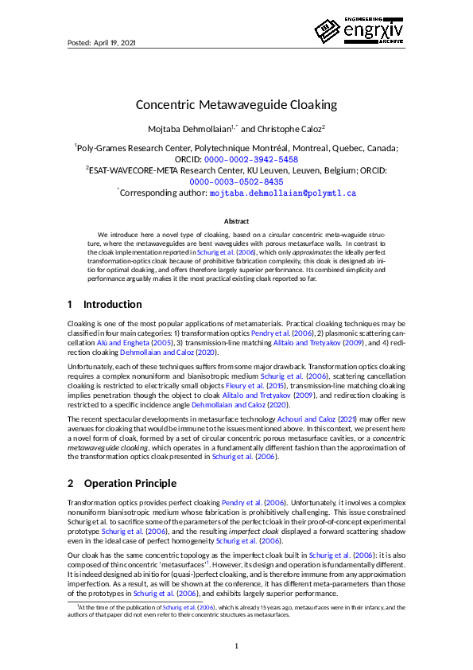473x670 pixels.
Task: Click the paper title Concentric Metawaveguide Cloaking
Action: (236, 104)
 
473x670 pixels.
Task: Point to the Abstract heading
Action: (236, 221)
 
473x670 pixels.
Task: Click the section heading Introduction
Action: (112, 304)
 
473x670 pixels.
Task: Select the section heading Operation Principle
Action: (130, 483)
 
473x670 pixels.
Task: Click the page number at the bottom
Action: (236, 645)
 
